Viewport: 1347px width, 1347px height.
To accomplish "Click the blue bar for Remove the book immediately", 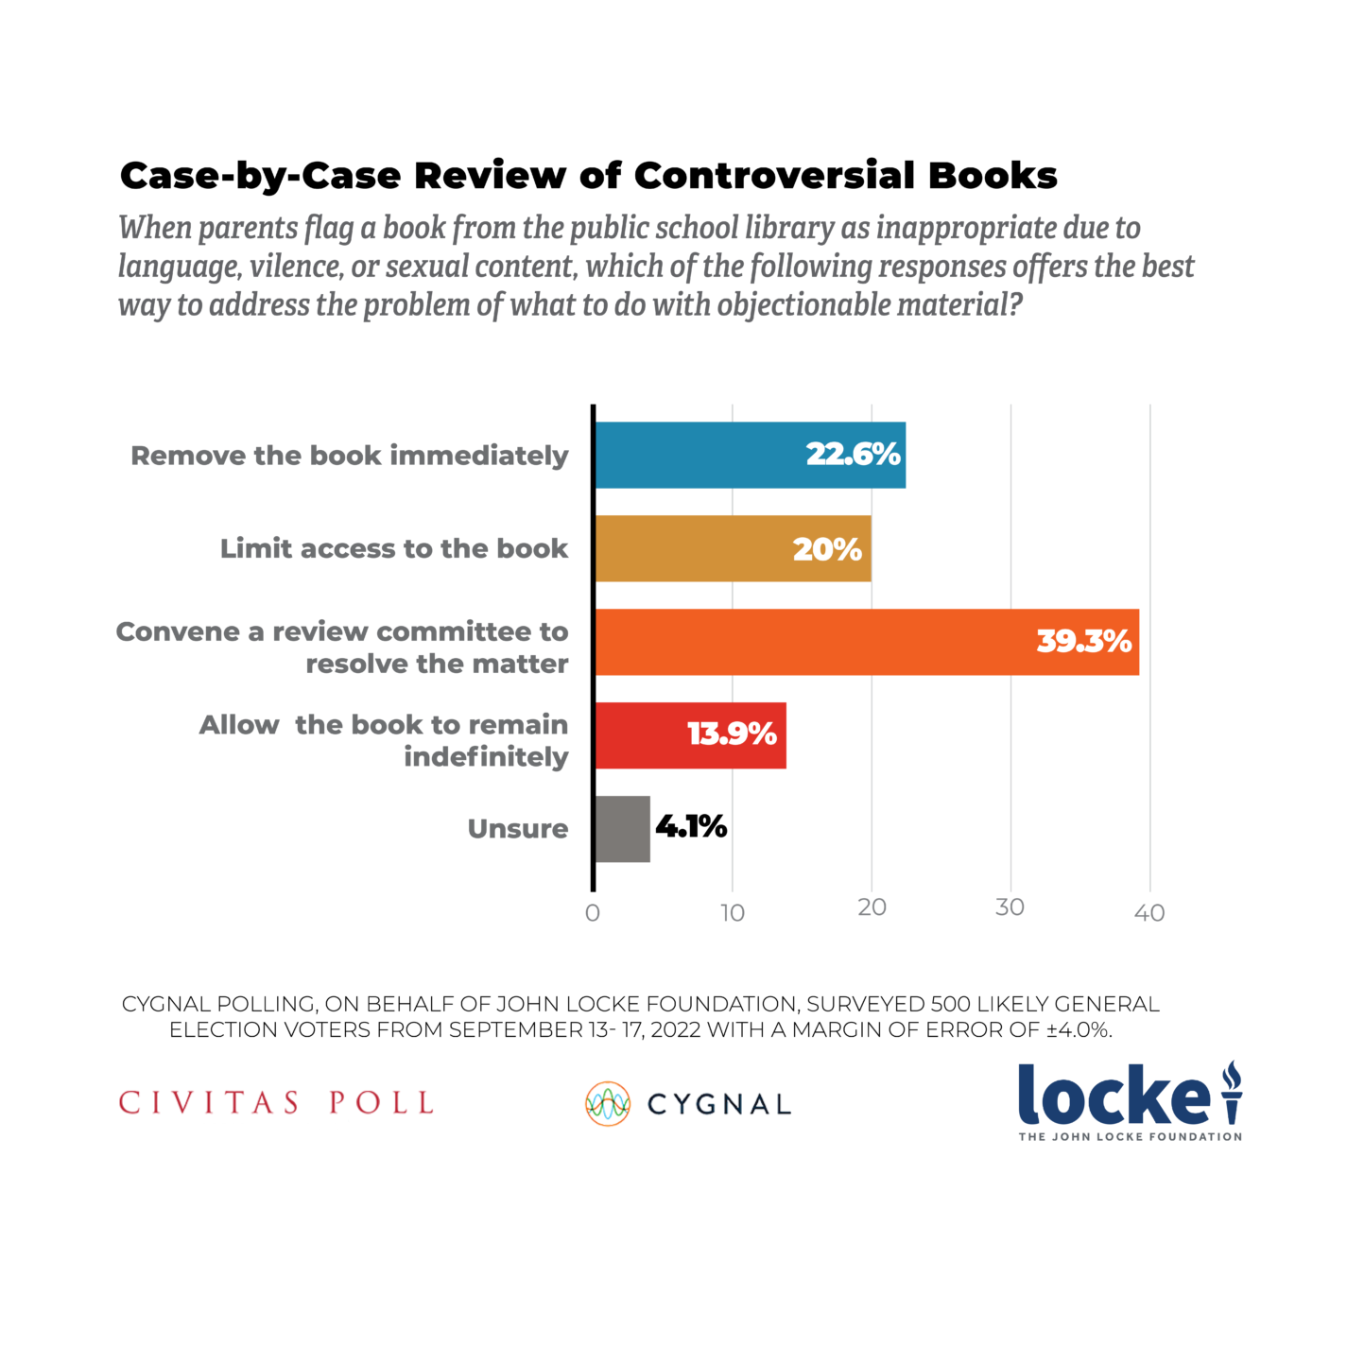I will click(x=699, y=455).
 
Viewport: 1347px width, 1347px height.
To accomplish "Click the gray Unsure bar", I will click(x=622, y=829).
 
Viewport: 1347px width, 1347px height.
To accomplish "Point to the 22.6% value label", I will click(x=853, y=455).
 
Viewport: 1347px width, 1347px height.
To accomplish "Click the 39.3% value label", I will click(x=1083, y=642).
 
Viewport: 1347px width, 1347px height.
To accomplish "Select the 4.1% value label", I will click(x=691, y=827).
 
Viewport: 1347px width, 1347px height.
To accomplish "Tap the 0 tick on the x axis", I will click(x=593, y=913).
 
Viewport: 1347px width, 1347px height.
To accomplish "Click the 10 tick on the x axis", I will click(x=733, y=913).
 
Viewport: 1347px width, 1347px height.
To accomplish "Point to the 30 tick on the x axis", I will click(x=1010, y=907).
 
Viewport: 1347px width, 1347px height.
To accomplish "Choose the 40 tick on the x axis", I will click(x=1149, y=913).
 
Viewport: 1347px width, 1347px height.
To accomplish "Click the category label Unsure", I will click(x=518, y=829).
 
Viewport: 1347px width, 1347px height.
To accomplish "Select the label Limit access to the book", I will click(x=394, y=548).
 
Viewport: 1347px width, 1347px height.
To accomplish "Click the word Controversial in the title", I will click(x=775, y=176).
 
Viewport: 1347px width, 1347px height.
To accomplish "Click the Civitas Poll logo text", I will click(x=276, y=1103).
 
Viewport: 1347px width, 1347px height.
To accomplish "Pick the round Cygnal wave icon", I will click(x=608, y=1104).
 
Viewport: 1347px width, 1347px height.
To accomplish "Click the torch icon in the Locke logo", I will click(x=1231, y=1092).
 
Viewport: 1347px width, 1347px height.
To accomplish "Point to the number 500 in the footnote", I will click(x=950, y=1004).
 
